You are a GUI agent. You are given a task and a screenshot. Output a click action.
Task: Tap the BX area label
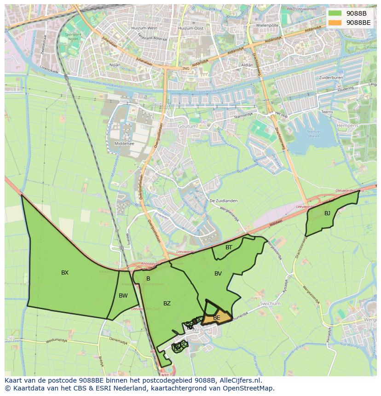(65, 273)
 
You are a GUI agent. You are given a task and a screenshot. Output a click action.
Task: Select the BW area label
(123, 296)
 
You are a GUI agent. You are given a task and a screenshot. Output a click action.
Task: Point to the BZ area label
(167, 304)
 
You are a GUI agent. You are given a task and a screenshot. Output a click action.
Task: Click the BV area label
(218, 274)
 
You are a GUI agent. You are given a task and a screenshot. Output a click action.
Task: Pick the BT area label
(229, 247)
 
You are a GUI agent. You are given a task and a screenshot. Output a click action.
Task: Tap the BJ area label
(327, 213)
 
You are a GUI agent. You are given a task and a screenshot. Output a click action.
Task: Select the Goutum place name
(187, 126)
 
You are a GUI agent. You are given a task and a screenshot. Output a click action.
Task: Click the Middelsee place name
(124, 143)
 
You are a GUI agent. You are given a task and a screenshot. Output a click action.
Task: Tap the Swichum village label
(270, 304)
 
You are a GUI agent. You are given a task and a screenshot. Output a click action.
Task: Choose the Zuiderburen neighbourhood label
(331, 78)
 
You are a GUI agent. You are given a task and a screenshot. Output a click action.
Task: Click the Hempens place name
(360, 125)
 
